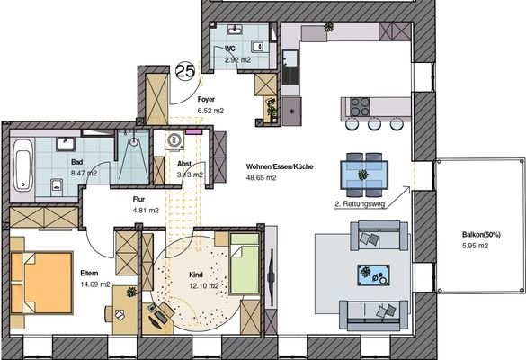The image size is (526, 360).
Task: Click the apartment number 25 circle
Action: click(x=185, y=70)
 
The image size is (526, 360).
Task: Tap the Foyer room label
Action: click(x=206, y=99)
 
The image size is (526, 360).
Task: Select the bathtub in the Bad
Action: click(x=23, y=166)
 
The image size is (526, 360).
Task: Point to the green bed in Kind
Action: click(x=245, y=264)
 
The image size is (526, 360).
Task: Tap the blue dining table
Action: click(x=364, y=175)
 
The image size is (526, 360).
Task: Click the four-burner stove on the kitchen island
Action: click(x=360, y=107)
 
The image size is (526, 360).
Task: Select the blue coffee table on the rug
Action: click(x=373, y=275)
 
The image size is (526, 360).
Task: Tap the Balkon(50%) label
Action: click(x=481, y=235)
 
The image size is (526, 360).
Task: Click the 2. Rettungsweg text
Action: click(x=360, y=203)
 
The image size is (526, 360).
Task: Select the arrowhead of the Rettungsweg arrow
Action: click(x=407, y=189)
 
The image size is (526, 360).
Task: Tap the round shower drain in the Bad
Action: click(x=134, y=141)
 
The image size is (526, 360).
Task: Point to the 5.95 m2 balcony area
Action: click(x=475, y=246)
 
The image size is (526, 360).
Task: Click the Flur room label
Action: click(x=138, y=200)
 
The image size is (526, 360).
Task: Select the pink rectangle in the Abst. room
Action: click(x=193, y=131)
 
